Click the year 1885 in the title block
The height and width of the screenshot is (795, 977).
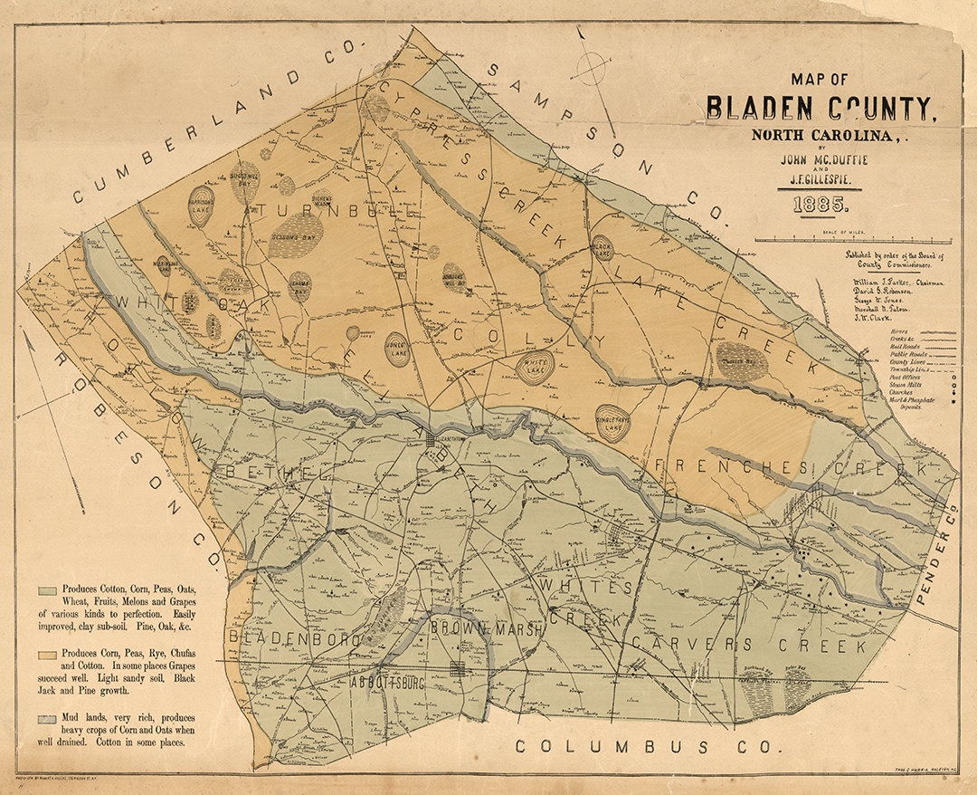coord(820,206)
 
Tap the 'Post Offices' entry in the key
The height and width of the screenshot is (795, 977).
coord(907,371)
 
